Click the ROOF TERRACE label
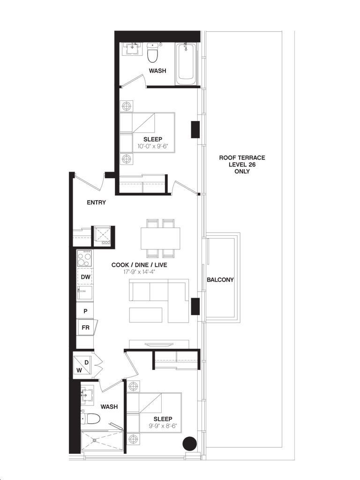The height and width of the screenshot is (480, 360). [242, 158]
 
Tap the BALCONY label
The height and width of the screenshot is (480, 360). [220, 280]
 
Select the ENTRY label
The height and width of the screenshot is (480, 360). [97, 202]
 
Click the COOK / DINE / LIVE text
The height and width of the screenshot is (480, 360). [139, 265]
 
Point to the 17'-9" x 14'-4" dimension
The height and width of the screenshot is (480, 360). [139, 272]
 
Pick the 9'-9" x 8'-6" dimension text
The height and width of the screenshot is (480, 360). [163, 426]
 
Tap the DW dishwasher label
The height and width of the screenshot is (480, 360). [86, 277]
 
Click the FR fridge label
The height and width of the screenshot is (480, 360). [86, 328]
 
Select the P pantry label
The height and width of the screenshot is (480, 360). [86, 311]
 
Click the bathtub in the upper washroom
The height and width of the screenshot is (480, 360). [186, 64]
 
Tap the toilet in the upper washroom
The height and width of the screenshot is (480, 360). [152, 52]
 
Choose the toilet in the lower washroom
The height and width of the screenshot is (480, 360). [90, 419]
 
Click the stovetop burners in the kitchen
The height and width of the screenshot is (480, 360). [84, 259]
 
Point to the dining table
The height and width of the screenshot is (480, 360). [160, 239]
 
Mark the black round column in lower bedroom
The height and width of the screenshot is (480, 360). [189, 443]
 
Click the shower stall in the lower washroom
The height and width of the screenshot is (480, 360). [102, 442]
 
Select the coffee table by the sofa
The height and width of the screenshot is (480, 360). [146, 315]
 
